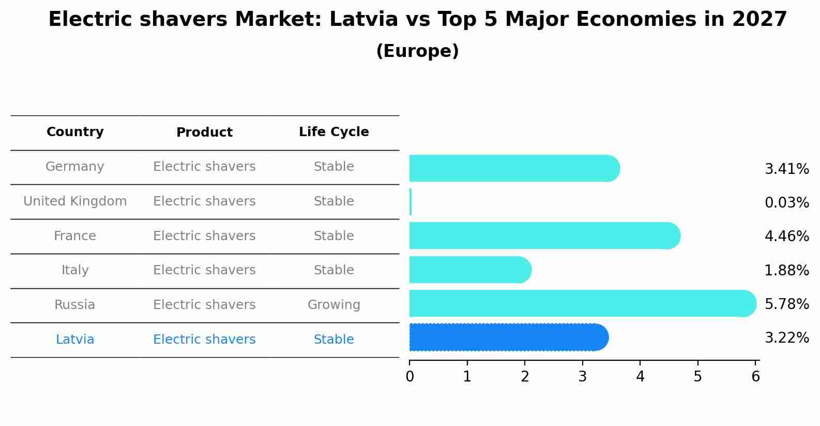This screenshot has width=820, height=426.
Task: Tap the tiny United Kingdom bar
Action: [x=411, y=202]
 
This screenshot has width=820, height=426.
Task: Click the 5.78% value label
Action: [x=786, y=304]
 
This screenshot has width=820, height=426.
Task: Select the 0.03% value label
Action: [x=786, y=202]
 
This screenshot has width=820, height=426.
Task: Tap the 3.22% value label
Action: [x=786, y=338]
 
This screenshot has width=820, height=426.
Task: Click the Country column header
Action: [x=75, y=132]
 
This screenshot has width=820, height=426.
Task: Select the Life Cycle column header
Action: [x=333, y=132]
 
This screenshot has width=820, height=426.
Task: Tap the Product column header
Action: [x=204, y=133]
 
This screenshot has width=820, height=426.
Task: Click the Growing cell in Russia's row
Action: [x=333, y=305]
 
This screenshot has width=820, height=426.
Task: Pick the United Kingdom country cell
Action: [x=75, y=201]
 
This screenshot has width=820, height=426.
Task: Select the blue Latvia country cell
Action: [x=75, y=340]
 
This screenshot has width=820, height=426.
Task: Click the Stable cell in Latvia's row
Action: [x=333, y=340]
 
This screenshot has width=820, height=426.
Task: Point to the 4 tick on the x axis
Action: [x=640, y=377]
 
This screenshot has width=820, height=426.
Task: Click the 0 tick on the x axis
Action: [x=409, y=377]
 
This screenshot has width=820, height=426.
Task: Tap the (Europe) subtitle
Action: [x=417, y=51]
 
